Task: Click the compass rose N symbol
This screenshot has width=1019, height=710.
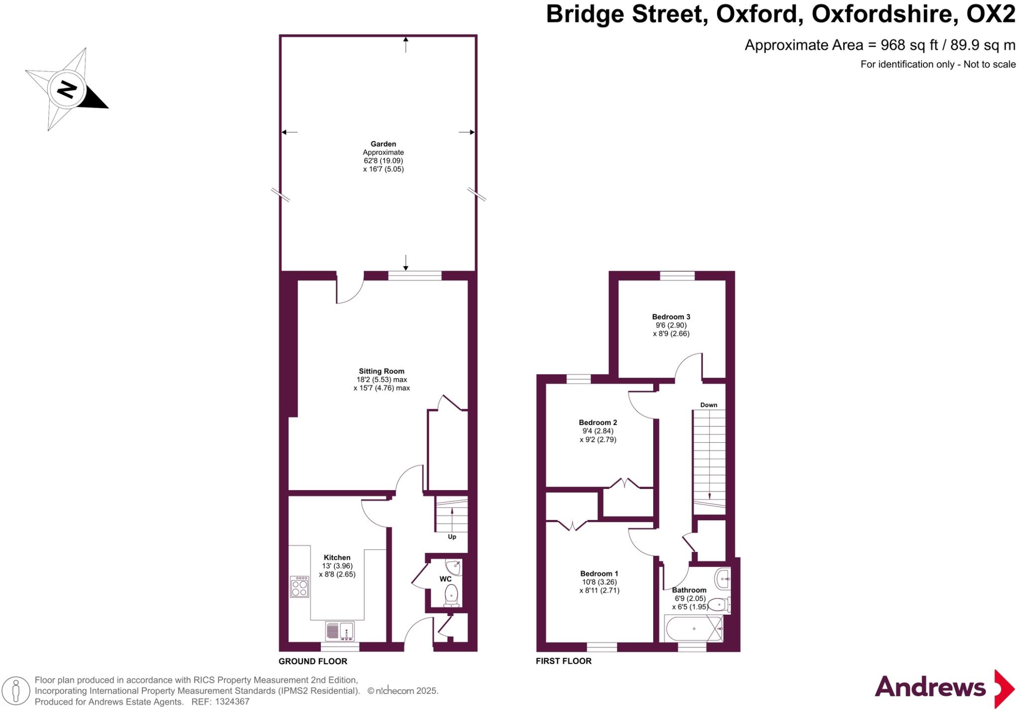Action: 66,90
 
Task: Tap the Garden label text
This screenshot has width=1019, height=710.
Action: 383,144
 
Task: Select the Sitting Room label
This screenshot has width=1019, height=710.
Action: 382,371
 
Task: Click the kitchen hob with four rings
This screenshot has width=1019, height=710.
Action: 300,586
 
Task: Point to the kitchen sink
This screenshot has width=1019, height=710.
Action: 340,631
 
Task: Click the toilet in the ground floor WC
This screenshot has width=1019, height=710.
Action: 451,596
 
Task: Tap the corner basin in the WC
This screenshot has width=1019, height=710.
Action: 454,566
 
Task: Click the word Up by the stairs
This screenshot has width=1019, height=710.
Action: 452,537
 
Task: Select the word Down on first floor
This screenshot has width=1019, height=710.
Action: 709,405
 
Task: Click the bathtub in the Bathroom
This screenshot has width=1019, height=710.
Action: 694,629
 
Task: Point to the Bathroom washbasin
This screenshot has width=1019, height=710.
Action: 722,579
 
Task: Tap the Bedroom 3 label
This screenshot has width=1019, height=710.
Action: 671,317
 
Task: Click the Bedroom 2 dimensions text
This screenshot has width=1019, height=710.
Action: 598,435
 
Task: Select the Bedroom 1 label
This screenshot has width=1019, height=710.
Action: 599,574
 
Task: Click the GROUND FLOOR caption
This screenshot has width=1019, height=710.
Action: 312,661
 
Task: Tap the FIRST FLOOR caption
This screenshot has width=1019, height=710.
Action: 563,661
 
